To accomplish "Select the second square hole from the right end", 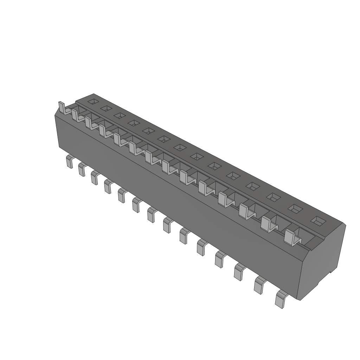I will [295, 208].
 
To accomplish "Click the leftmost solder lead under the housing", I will [69, 162].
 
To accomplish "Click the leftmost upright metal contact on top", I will [62, 108].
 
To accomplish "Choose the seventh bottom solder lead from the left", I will [152, 214].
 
